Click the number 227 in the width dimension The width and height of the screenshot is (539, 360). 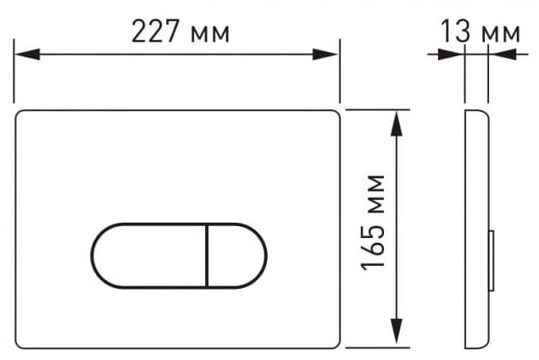[155, 31]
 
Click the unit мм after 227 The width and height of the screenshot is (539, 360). [209, 35]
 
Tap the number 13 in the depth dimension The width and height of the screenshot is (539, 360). [455, 31]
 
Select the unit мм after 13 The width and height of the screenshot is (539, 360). [501, 35]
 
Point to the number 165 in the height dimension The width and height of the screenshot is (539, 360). [373, 246]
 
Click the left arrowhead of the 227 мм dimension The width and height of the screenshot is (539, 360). [27, 54]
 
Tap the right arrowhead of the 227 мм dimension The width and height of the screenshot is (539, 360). [325, 54]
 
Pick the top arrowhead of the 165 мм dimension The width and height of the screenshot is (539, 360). [397, 124]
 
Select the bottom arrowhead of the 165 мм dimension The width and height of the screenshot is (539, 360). [397, 331]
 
